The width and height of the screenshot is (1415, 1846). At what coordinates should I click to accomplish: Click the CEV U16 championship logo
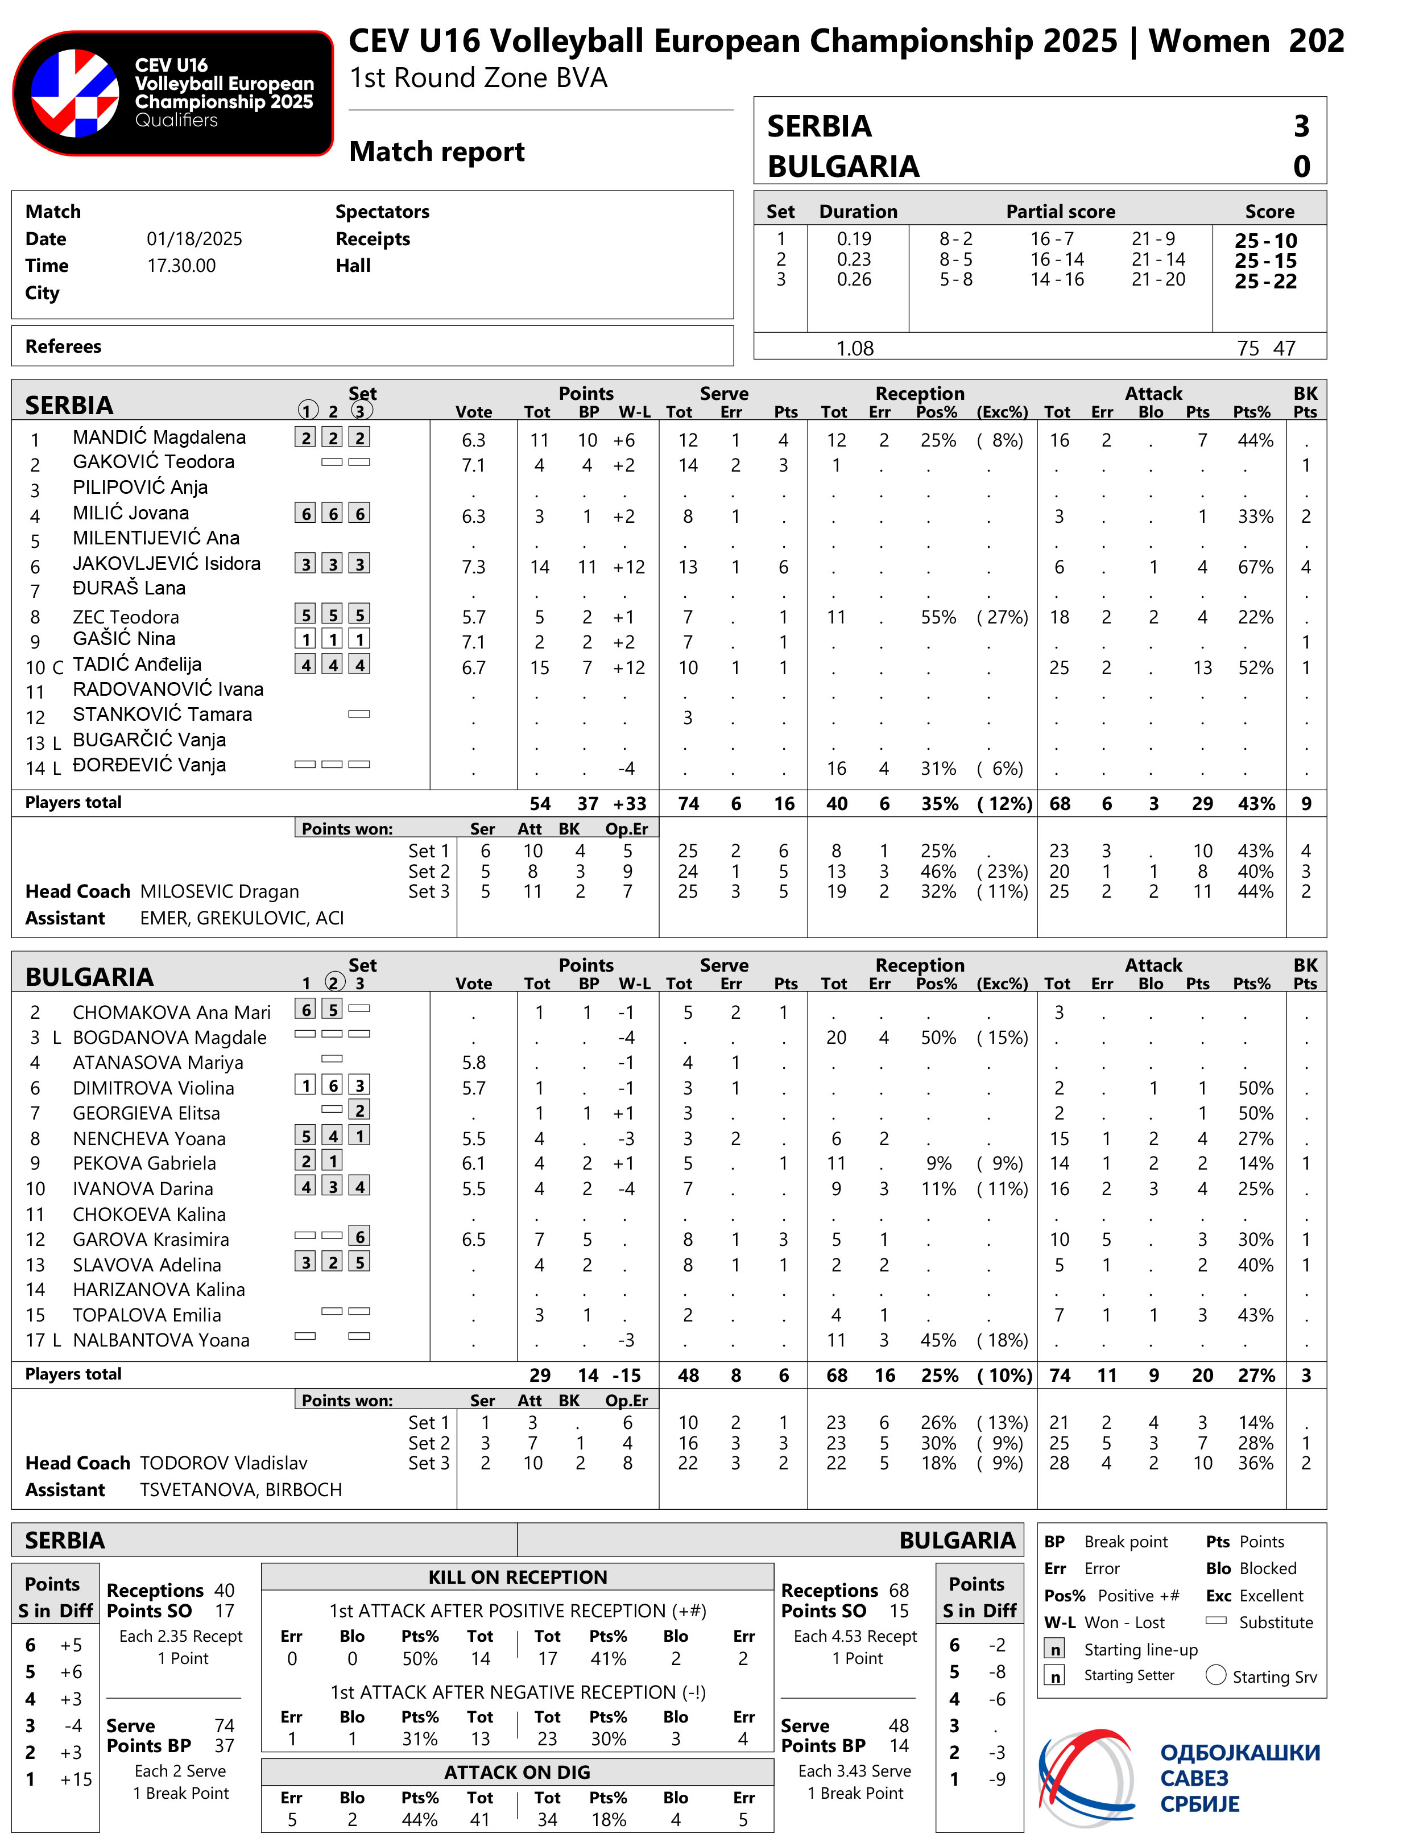173,93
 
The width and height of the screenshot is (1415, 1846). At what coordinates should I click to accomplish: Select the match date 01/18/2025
194,239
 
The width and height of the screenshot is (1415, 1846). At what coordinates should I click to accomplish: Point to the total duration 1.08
854,348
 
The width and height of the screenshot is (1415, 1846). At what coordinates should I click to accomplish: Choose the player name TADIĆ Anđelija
136,665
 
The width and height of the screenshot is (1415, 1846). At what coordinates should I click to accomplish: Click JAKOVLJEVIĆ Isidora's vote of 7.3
473,567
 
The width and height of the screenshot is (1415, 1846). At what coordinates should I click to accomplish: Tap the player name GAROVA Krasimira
151,1240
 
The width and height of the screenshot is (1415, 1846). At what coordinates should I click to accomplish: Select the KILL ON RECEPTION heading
517,1578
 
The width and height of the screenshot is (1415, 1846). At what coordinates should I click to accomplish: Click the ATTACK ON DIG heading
517,1773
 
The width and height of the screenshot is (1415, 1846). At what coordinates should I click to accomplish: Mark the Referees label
63,346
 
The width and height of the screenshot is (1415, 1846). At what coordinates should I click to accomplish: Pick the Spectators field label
382,212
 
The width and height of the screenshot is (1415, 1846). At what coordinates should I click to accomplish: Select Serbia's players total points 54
539,804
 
